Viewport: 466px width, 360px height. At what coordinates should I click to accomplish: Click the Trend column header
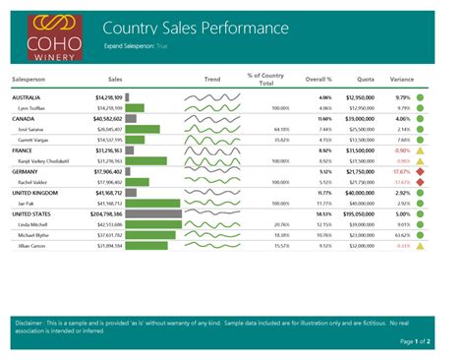click(x=212, y=77)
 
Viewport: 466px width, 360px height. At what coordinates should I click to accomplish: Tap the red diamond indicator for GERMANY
click(x=420, y=171)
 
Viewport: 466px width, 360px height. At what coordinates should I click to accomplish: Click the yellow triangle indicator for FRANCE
click(x=420, y=150)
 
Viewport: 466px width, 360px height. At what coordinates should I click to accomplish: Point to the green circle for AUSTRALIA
click(x=420, y=98)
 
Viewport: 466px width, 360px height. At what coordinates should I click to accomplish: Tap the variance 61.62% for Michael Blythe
click(x=401, y=236)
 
